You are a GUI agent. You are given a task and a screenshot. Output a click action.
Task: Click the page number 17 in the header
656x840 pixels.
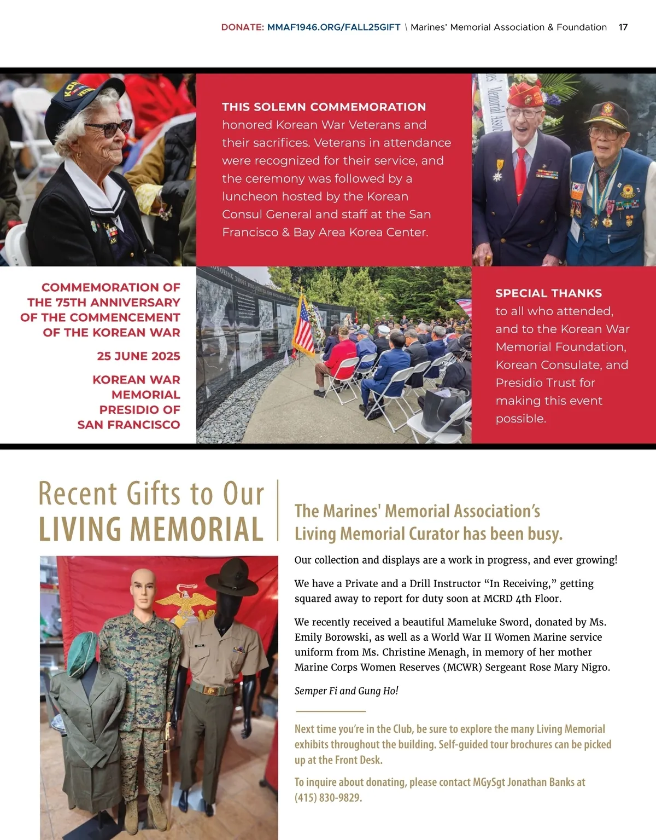(x=623, y=27)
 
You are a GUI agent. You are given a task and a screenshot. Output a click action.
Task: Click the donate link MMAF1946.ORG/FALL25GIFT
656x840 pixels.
(x=333, y=27)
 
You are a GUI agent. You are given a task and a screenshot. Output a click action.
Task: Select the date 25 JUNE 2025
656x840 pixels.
(x=138, y=356)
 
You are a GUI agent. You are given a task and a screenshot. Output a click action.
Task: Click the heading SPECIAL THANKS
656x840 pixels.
(x=548, y=293)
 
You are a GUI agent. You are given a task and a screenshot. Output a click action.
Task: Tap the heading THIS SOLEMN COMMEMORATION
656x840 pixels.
(x=324, y=107)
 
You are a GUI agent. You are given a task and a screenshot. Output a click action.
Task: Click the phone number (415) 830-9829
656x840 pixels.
(x=329, y=798)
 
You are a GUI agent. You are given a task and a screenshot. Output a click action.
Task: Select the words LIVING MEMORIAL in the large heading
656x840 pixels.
(x=151, y=530)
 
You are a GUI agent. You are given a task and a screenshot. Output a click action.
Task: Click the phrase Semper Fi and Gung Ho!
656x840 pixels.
(x=346, y=691)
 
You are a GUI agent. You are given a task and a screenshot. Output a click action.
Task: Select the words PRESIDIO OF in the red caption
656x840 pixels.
(x=139, y=410)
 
